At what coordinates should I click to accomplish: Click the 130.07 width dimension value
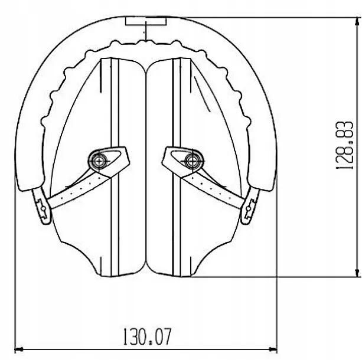coord(148,336)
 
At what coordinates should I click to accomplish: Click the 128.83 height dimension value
coord(344,145)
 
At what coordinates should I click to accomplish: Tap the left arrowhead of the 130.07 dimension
coord(19,349)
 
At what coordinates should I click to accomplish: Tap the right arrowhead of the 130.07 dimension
coord(273,349)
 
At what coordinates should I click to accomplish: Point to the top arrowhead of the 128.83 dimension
coord(358,22)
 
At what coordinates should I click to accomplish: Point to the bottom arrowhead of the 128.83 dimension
coord(358,272)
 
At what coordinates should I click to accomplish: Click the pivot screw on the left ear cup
coord(99,161)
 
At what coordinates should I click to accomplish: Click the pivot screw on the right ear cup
coord(193,161)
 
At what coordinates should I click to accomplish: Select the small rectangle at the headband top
coord(146,21)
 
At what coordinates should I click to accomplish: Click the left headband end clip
coord(42,206)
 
